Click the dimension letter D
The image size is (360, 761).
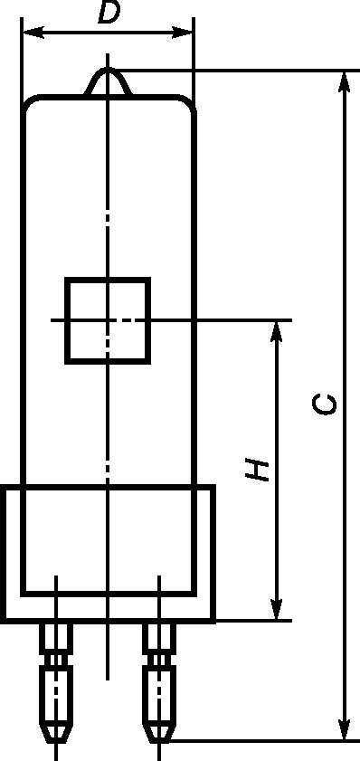pos(109,12)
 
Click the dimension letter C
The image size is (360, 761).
pos(325,404)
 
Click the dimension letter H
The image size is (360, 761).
pos(257,469)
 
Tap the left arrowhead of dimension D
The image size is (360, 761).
pos(33,33)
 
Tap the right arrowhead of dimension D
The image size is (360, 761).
pos(183,33)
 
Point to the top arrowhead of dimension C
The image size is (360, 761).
pos(344,81)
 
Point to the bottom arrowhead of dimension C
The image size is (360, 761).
pos(344,729)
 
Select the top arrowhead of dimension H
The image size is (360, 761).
pos(277,331)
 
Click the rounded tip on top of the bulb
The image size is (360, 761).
pos(108,69)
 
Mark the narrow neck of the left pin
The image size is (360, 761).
pos(56,660)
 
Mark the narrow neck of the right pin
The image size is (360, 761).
pos(159,660)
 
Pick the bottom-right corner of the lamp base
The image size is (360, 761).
pos(213,621)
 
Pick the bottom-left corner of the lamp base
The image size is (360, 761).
pos(3,621)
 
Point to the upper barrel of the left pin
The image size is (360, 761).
pos(56,638)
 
